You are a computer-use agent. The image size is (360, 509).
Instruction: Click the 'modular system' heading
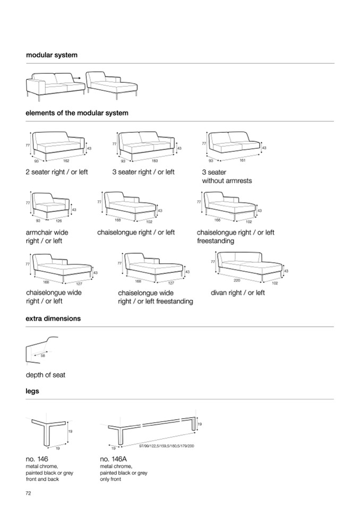click(52, 55)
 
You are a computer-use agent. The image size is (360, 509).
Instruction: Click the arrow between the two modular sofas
click(77, 78)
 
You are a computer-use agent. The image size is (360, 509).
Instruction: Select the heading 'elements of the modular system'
click(77, 113)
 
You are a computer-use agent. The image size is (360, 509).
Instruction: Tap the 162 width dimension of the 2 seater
click(66, 160)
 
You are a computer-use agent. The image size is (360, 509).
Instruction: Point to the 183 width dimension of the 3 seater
click(155, 160)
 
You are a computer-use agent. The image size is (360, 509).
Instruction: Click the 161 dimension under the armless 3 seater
click(242, 160)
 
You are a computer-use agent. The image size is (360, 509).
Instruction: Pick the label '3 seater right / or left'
click(143, 172)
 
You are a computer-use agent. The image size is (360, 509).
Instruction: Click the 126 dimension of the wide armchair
click(59, 221)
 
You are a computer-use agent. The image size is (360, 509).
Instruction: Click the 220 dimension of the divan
click(237, 280)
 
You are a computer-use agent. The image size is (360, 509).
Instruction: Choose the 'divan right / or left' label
click(237, 292)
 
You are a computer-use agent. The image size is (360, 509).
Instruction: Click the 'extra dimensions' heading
click(53, 319)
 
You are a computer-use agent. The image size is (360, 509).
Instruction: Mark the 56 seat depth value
click(43, 356)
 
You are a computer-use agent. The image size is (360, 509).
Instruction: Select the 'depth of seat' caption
click(46, 375)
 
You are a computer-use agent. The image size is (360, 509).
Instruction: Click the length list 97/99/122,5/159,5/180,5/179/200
click(166, 446)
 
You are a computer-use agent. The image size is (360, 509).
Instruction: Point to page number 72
click(29, 493)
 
